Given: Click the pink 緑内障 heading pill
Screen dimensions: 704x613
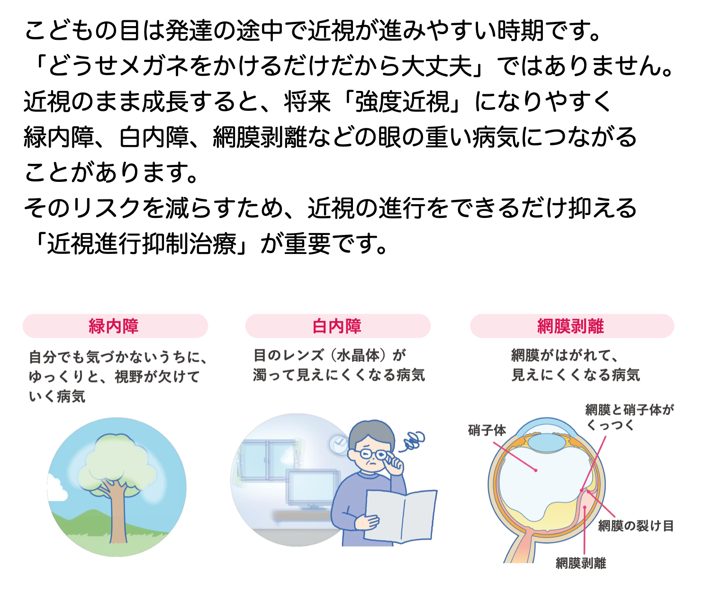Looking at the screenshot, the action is pos(115,326).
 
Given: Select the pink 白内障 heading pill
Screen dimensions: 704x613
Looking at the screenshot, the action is pos(337,326).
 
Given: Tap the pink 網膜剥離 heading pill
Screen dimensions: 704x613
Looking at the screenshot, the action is pos(572,326).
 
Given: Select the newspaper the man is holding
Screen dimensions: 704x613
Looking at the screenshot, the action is pos(400,516).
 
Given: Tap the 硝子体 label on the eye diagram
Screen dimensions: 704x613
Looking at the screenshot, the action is pos(487,430).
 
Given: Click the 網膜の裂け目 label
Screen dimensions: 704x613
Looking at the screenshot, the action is pos(636,526).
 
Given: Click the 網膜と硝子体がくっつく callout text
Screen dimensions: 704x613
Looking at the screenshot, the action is pos(629,417).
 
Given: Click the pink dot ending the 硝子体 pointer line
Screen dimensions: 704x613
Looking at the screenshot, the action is pos(536,470).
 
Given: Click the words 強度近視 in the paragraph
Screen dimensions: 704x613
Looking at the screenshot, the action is pos(402,102).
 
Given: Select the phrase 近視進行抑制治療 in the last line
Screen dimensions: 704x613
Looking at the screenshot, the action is pos(142,244).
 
